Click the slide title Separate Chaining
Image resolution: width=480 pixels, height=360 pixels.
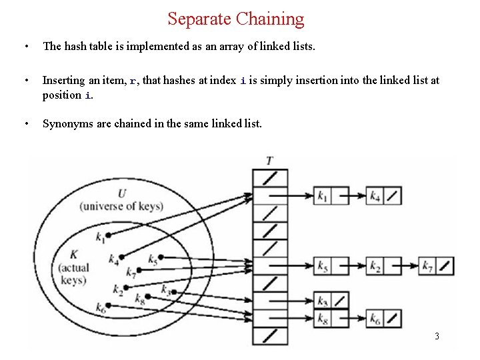pos(235,19)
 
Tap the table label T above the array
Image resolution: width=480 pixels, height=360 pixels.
pos(269,161)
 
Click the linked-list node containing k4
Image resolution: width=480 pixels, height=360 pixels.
pos(384,196)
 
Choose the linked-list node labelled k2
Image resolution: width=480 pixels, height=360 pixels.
pos(384,267)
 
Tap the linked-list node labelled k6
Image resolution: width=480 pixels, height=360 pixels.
pos(384,319)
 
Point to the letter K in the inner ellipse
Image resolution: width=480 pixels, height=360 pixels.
pos(73,254)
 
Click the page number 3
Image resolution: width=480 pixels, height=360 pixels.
pos(437,336)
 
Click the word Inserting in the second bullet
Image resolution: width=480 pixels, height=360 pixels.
pos(63,80)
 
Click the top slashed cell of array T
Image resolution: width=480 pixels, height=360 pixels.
pos(269,178)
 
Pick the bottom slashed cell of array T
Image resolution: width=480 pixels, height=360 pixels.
pos(269,335)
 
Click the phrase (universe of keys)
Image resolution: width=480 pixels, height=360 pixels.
pos(121,206)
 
